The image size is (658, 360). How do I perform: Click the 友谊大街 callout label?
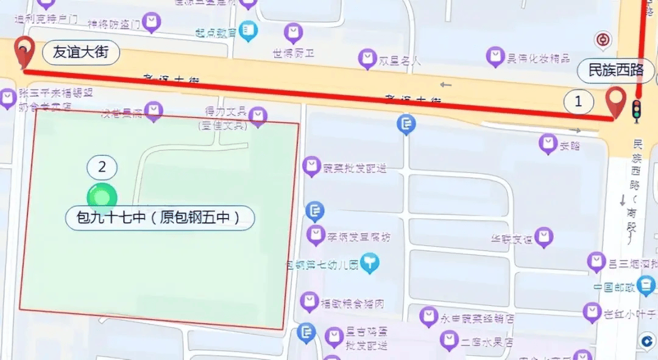point(80,53)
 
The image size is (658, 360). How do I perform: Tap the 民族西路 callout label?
point(616,70)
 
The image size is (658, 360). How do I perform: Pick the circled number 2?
point(102,167)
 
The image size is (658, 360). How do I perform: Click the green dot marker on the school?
point(102,196)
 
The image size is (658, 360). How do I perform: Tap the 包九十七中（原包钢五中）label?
point(160,217)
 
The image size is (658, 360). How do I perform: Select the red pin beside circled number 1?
point(617,102)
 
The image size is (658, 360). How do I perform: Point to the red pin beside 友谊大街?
point(23,54)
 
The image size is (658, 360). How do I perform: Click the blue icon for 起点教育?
point(248,30)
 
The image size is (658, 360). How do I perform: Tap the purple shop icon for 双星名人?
point(367,59)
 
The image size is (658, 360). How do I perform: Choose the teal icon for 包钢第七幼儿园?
point(370,263)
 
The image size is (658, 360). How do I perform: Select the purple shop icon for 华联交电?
point(543,236)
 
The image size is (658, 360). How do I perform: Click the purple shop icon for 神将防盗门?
point(153,23)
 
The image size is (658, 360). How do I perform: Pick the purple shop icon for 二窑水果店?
point(449,341)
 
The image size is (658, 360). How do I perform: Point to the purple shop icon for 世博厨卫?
point(293,32)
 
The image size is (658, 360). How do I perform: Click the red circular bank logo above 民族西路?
point(603,41)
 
